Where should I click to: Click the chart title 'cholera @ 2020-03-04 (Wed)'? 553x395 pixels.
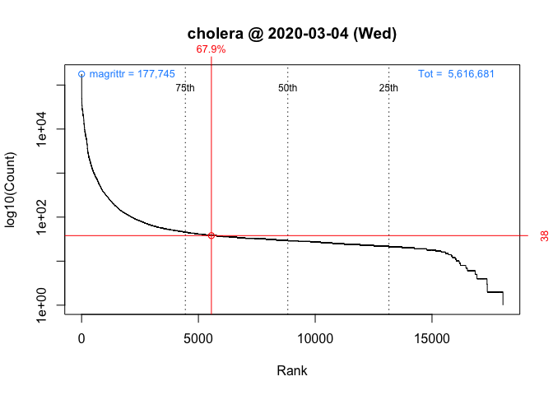click(292, 35)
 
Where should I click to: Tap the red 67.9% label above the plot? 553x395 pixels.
click(211, 49)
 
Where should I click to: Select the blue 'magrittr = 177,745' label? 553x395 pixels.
click(132, 74)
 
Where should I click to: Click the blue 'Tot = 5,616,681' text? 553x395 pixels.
click(456, 74)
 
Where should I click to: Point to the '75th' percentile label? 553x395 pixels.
click(185, 88)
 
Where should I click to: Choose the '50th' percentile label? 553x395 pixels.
click(287, 88)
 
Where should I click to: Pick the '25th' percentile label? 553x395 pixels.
click(388, 88)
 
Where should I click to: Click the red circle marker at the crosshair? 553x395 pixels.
click(211, 235)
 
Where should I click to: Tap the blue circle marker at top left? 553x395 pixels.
click(81, 74)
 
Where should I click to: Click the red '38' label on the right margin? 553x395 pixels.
click(545, 236)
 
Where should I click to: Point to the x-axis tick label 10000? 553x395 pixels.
click(315, 338)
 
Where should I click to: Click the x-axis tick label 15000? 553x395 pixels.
click(432, 338)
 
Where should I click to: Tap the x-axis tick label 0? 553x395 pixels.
click(81, 338)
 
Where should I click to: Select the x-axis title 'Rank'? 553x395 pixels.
click(292, 370)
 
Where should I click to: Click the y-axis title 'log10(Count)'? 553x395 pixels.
click(12, 189)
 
